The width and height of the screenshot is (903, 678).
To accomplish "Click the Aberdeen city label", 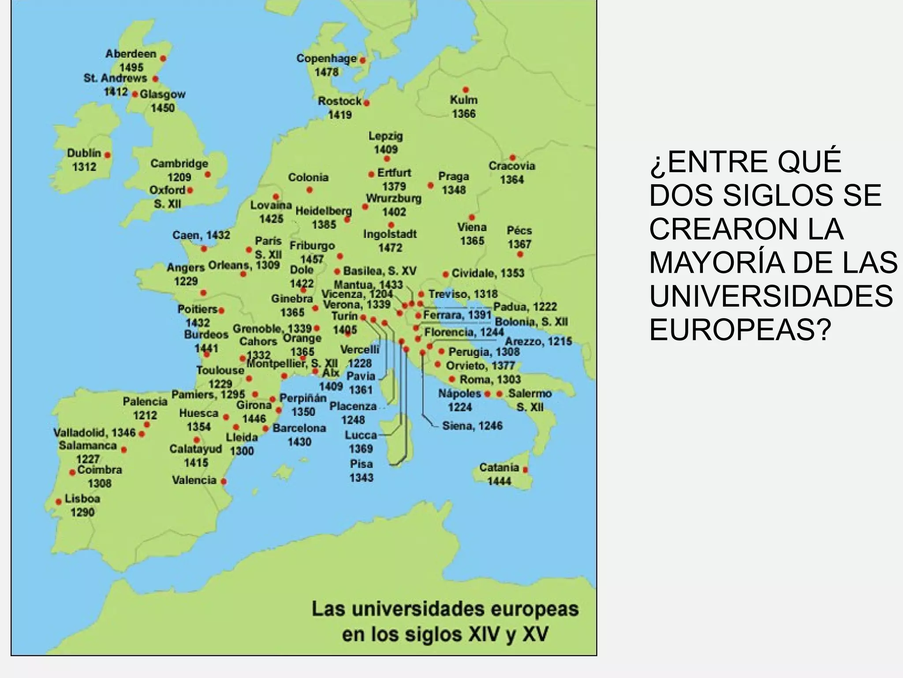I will tap(131, 54).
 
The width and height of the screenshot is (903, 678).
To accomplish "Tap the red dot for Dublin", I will tap(107, 155).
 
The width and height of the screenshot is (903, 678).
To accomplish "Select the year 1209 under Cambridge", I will tap(179, 177).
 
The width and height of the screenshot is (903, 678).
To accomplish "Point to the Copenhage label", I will tap(326, 58).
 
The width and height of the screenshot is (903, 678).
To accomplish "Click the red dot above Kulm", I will tap(466, 90).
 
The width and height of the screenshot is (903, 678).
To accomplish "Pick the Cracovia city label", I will tap(511, 166).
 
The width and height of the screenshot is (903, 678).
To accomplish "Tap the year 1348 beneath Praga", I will tap(454, 190).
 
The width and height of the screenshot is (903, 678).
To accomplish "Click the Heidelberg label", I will tap(324, 211).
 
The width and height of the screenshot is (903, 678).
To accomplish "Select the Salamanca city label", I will tap(88, 445).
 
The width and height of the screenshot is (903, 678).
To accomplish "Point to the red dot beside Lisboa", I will tap(59, 502).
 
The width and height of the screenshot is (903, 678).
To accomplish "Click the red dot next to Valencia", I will tap(224, 482).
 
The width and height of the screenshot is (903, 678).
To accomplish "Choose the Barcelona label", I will tap(299, 428).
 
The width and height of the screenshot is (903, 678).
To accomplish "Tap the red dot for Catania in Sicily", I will tap(525, 470).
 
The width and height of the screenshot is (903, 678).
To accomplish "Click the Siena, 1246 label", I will tap(472, 426).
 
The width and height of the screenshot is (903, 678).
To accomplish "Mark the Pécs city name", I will tap(519, 230).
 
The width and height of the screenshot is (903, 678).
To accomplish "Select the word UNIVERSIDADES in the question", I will tap(771, 296).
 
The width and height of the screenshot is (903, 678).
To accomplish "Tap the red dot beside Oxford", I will tap(190, 191).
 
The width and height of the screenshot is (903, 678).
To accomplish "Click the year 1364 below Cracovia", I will tap(511, 180).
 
